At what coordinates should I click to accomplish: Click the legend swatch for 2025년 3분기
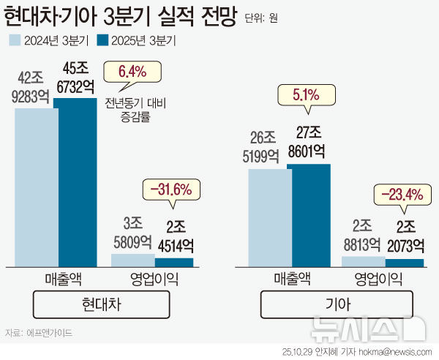[x=105, y=41]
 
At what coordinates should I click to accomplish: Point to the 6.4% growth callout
[x=132, y=72]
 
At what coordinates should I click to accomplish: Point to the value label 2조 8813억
[x=364, y=235]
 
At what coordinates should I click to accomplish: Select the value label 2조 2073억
[x=405, y=235]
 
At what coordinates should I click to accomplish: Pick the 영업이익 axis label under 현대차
[x=152, y=278]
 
